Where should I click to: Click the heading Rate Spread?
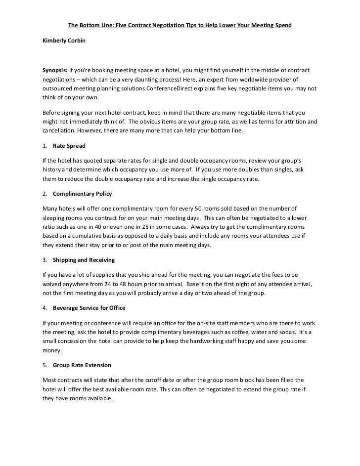coord(69,146)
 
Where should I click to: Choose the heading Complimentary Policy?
coord(82,193)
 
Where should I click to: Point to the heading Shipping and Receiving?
coord(84,259)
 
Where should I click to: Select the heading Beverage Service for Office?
coord(89,307)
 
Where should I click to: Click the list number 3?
coord(45,259)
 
